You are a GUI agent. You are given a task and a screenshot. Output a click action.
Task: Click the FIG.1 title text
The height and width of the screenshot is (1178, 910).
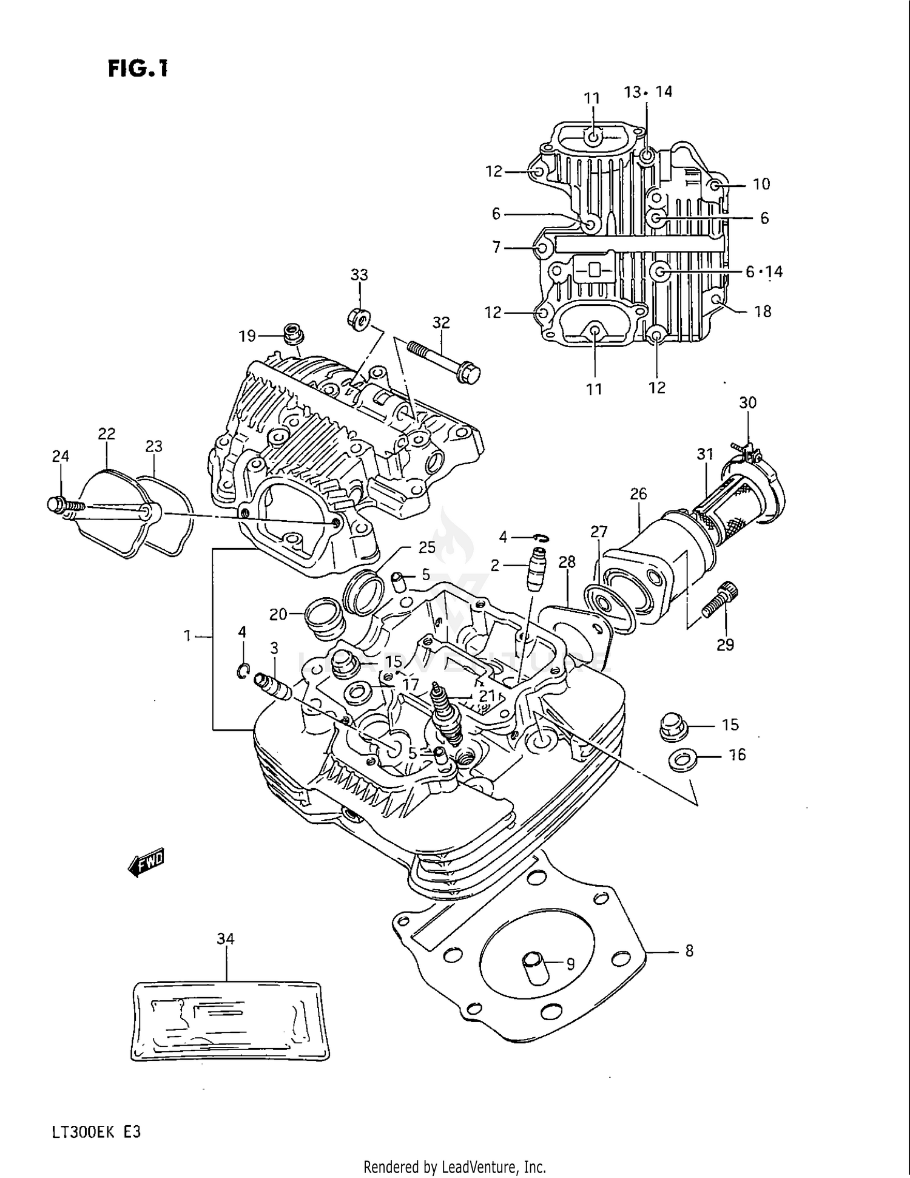coord(138,69)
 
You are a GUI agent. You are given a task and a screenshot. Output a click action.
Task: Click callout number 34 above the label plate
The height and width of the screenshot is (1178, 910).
coord(225,939)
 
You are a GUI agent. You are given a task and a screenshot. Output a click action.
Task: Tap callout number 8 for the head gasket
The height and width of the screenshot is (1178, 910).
coord(689,951)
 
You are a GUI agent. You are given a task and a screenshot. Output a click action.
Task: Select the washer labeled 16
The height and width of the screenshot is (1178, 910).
coord(682,759)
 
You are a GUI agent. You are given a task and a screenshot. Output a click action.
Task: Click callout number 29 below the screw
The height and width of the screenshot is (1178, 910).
coord(725,645)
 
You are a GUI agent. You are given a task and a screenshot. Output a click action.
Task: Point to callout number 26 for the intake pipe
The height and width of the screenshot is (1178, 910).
coord(638,494)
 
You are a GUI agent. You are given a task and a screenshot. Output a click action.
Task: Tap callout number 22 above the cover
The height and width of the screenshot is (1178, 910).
coord(106,434)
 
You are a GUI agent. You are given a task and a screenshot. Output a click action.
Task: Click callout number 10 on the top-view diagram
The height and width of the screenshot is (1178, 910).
coord(761,184)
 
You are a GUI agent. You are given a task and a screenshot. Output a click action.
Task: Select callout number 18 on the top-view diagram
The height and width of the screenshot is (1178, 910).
coord(763,311)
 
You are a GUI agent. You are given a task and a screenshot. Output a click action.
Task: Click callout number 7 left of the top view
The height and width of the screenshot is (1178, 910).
coord(496,248)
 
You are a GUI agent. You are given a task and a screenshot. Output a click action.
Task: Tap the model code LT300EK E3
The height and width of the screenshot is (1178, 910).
coord(92,1132)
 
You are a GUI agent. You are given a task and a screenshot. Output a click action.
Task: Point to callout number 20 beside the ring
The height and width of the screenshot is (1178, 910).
coord(278,615)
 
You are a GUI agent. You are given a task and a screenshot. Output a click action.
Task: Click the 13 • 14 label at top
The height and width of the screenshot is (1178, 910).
coord(648,92)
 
